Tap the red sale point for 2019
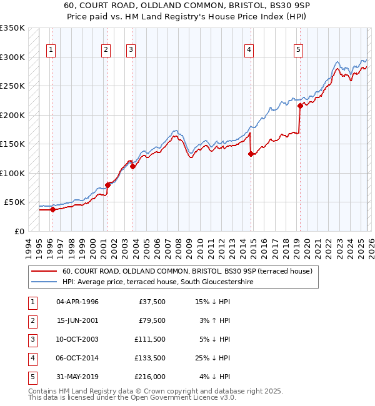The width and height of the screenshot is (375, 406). (300, 106)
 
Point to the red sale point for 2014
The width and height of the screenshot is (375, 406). (251, 154)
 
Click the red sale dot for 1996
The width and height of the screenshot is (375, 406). (52, 210)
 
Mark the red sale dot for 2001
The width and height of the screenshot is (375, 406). (108, 185)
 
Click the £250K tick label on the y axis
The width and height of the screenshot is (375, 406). (12, 86)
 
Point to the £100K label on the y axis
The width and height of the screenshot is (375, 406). (12, 173)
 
